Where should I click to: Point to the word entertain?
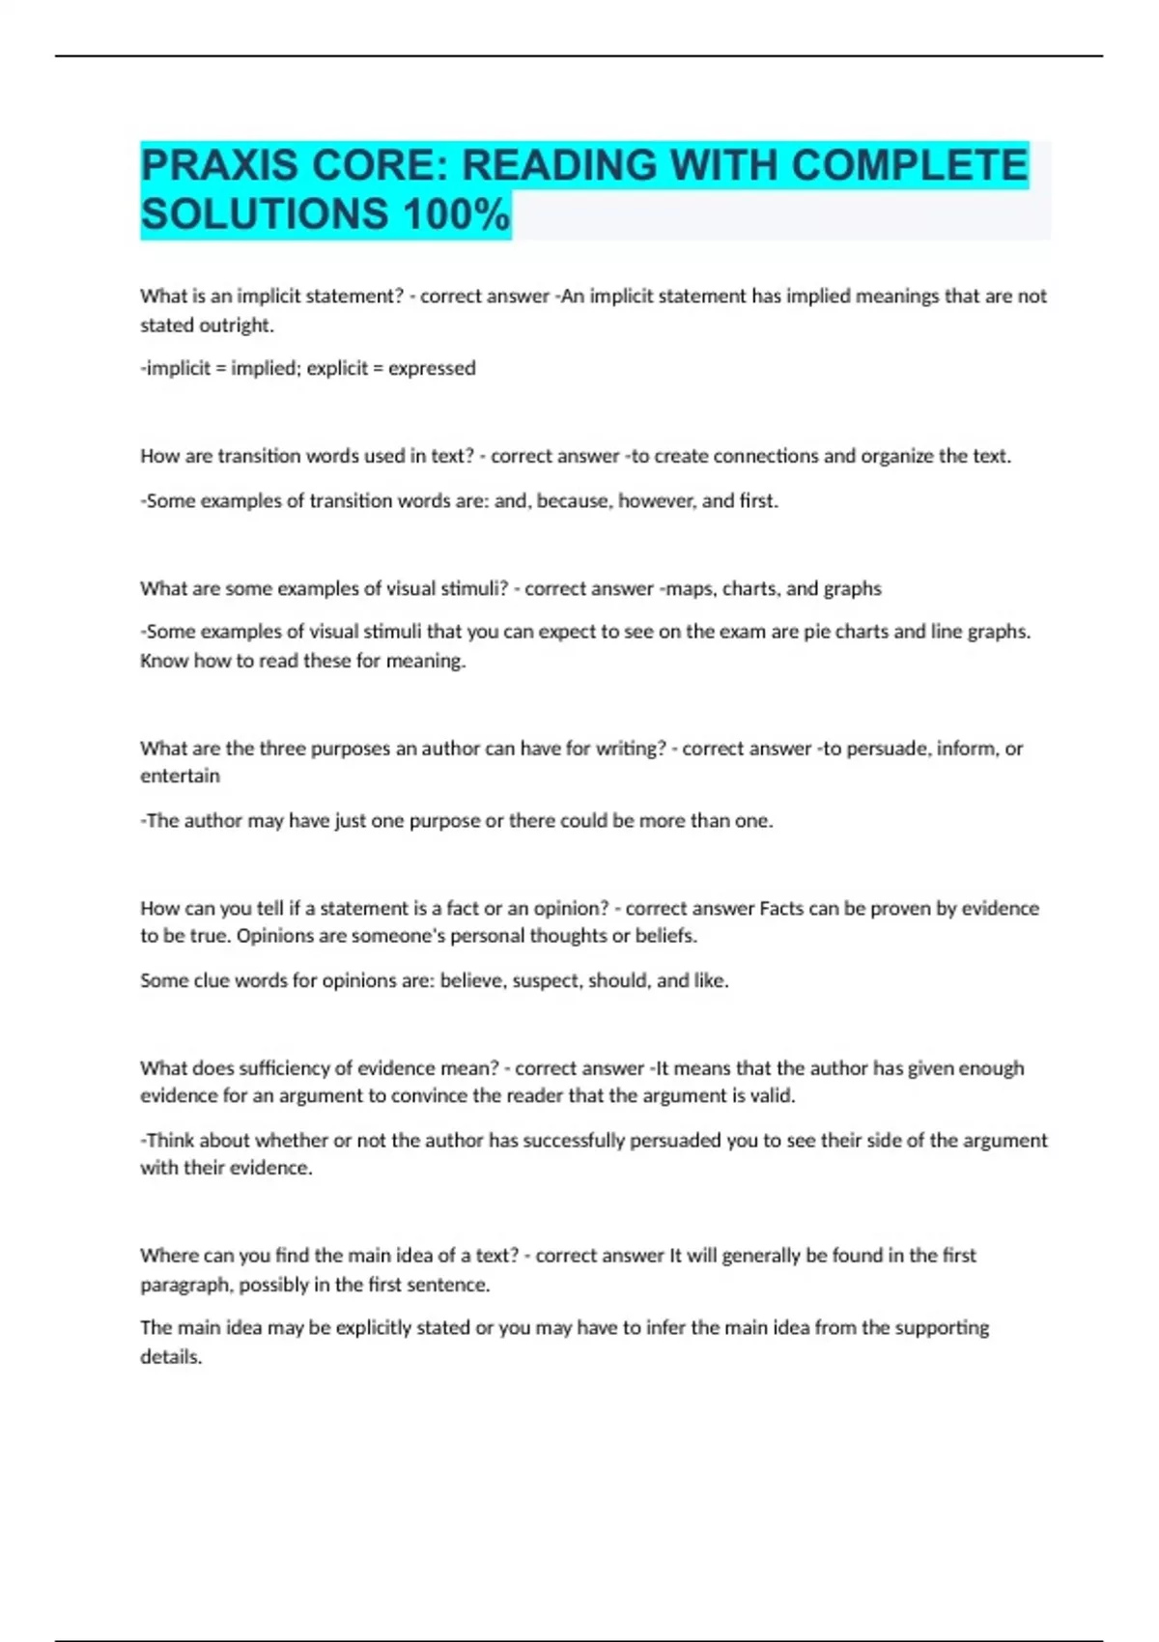[x=180, y=776]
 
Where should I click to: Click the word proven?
[x=901, y=908]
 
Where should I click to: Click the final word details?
[x=171, y=1357]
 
